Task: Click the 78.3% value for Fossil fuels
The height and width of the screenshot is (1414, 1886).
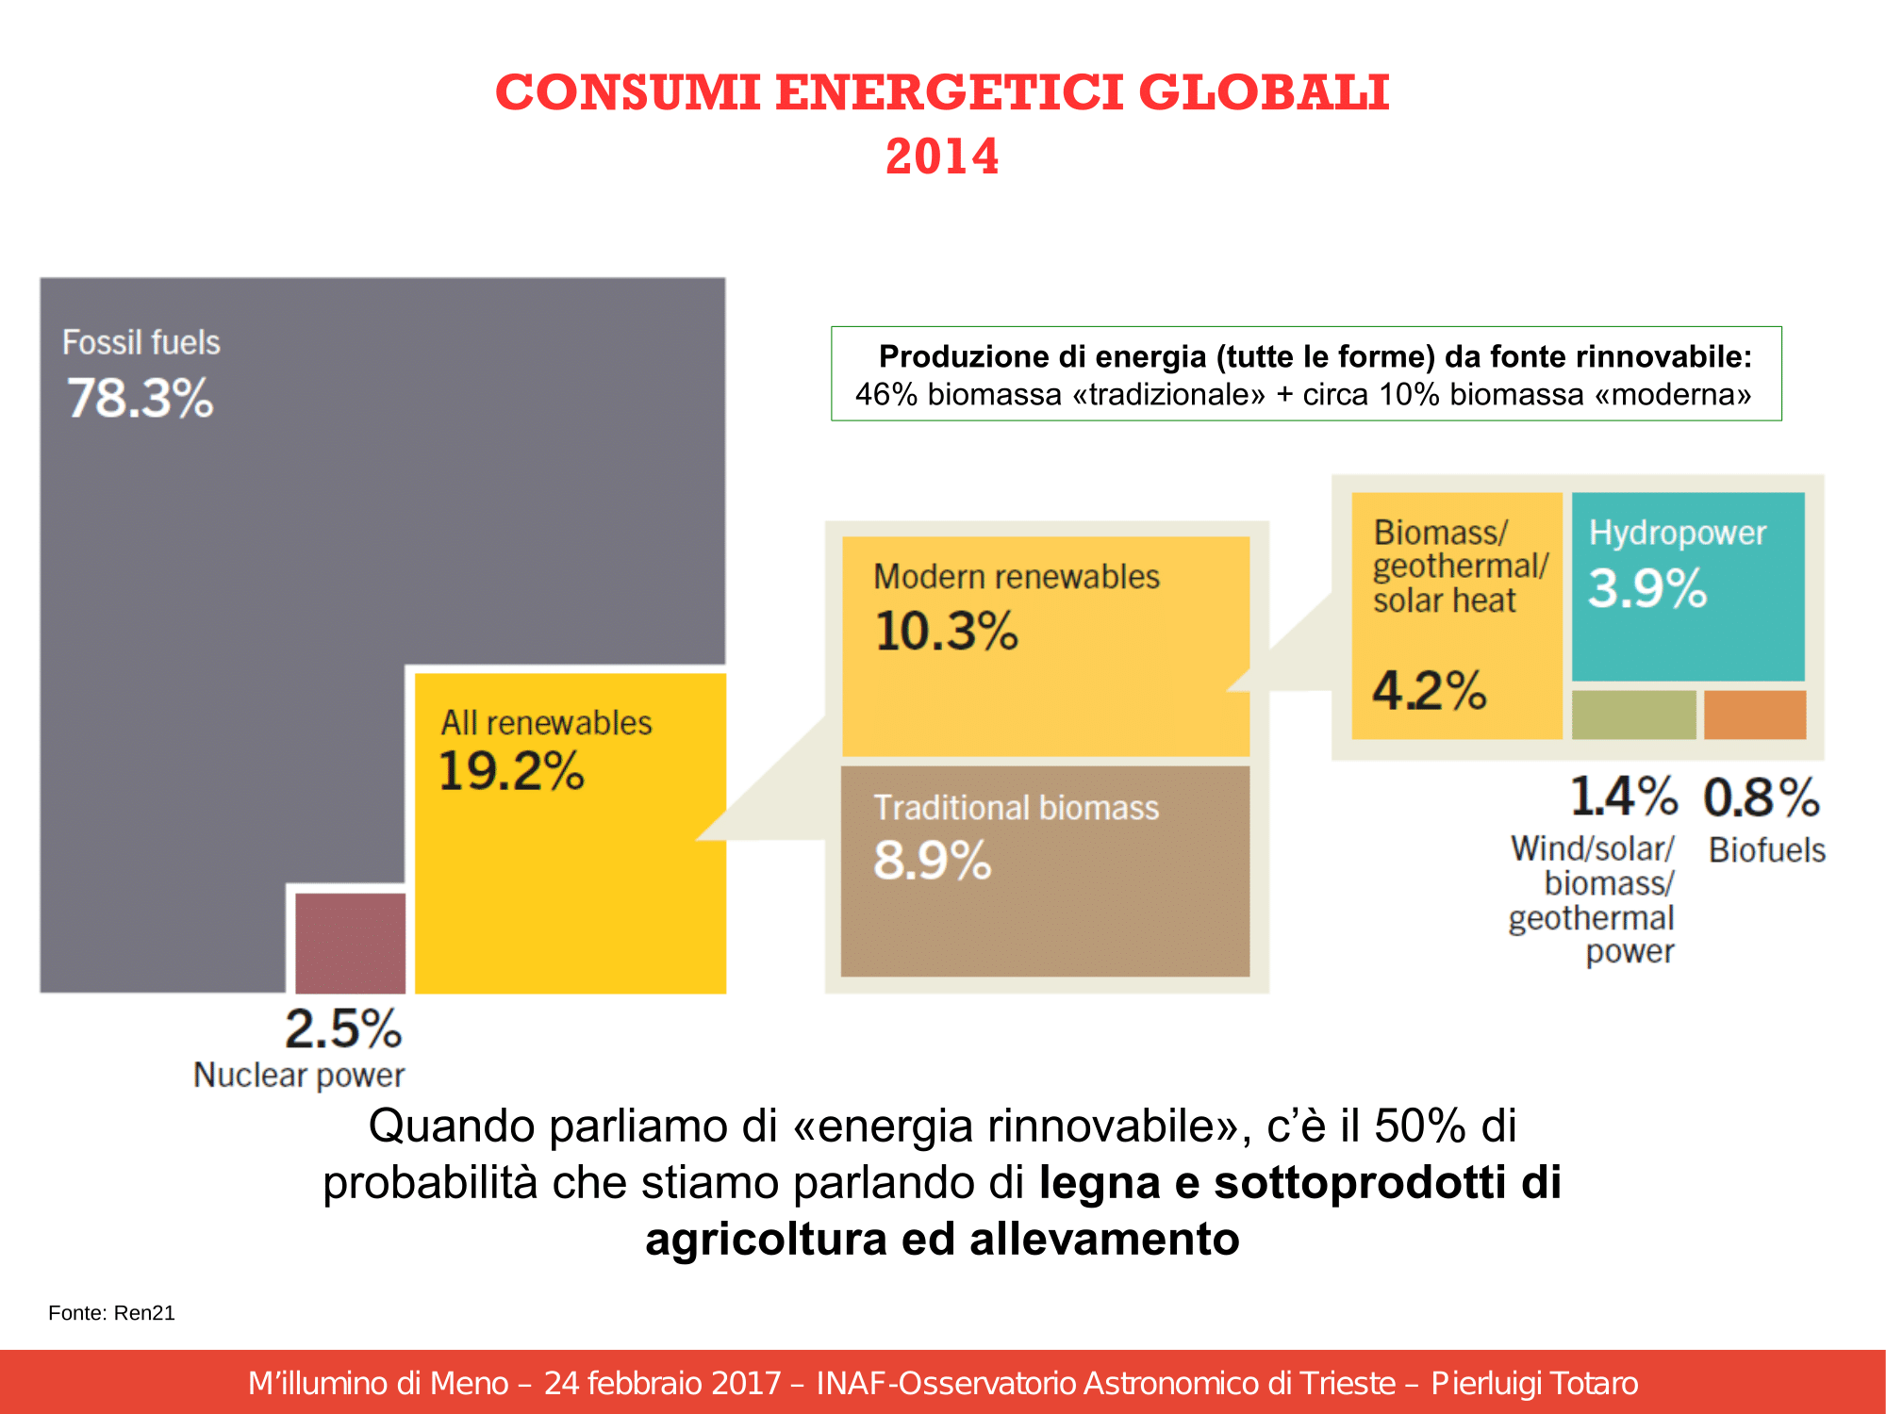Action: pos(141,398)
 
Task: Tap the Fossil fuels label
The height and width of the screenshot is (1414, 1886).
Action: pos(141,342)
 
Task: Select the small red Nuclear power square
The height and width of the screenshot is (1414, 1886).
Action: pos(350,943)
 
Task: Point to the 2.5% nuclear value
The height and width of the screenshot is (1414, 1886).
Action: pos(343,1028)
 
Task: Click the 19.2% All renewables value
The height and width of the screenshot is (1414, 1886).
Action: pos(511,771)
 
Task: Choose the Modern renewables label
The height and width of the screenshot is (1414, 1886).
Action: pos(1017,577)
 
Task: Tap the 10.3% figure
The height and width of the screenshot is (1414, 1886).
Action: pos(947,631)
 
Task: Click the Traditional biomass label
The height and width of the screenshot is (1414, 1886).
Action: pos(1017,808)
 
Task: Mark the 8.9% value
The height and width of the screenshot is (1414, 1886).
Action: pos(932,861)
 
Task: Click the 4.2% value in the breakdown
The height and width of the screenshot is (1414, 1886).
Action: pos(1429,691)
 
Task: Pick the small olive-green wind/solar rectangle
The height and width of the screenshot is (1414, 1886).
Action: pos(1633,715)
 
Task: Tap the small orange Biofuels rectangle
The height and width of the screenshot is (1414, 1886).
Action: pos(1755,715)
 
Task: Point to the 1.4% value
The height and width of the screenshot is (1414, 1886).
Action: pos(1624,797)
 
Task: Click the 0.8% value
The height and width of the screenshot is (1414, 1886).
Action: pos(1762,797)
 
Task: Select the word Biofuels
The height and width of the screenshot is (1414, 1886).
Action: pos(1767,850)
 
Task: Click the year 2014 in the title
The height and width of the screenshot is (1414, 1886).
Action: pos(942,156)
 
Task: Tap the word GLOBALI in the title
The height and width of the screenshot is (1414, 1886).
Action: pos(1264,92)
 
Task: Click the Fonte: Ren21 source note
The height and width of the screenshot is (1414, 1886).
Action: pos(111,1313)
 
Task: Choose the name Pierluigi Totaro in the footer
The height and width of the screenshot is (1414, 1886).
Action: pos(1534,1383)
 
